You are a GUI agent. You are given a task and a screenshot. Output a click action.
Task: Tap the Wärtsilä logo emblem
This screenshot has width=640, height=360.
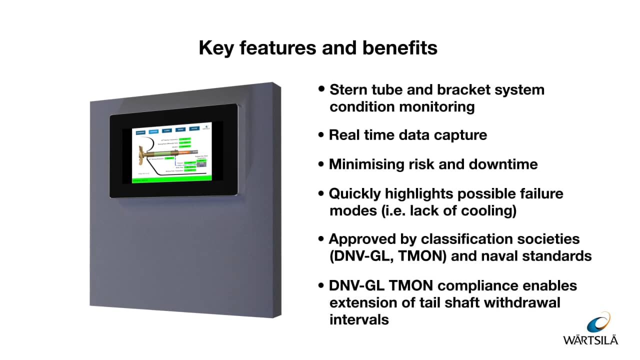tap(598, 323)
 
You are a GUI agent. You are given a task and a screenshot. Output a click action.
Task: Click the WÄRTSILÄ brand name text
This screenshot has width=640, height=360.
tap(590, 340)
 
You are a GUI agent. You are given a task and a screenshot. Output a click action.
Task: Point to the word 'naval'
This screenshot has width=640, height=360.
tap(499, 256)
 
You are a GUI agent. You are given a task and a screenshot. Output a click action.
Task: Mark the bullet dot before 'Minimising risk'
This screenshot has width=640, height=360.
tap(321, 164)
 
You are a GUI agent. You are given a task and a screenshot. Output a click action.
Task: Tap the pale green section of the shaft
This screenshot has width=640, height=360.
tap(164, 150)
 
